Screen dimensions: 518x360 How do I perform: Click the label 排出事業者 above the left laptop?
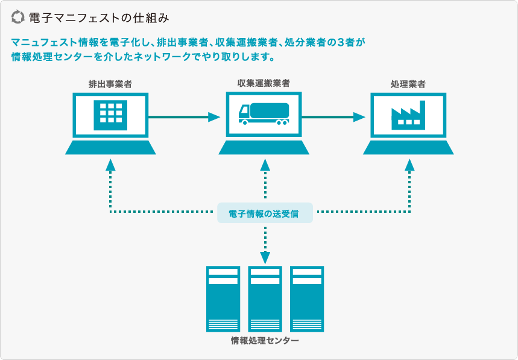tap(110, 84)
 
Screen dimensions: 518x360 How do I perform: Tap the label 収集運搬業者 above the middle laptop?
tap(264, 83)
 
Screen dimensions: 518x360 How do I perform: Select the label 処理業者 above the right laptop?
tap(408, 84)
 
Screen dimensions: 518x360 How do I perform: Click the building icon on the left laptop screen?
tap(110, 115)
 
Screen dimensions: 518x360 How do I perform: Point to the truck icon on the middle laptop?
tap(264, 114)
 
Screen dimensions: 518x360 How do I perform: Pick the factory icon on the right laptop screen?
tap(408, 115)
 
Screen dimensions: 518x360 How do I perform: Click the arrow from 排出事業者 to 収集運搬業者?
tap(185, 117)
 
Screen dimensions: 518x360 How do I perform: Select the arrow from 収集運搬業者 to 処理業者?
tap(333, 117)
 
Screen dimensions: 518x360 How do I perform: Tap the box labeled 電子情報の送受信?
tap(265, 213)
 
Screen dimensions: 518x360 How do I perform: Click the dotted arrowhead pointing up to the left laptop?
tap(110, 165)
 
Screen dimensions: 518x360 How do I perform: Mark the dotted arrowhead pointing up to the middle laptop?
tap(265, 165)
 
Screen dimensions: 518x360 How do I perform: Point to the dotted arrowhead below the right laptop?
tap(409, 165)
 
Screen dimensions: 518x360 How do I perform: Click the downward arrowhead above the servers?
tap(265, 258)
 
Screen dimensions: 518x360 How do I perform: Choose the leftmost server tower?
tap(223, 299)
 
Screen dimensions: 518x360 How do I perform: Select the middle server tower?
tap(265, 299)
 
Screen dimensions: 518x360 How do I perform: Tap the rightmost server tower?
tap(307, 299)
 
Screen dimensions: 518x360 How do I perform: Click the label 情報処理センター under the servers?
tap(265, 341)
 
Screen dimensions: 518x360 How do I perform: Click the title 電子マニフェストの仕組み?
tap(99, 18)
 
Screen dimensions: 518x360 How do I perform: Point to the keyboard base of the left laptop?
tap(110, 147)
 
